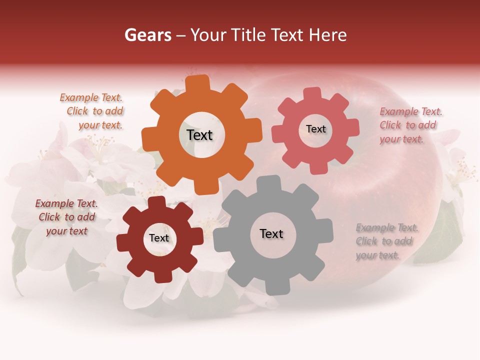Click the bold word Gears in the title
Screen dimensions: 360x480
(147, 35)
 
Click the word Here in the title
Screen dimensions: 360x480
(328, 35)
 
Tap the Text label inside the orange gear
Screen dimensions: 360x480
(199, 135)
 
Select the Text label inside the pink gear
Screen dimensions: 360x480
(315, 129)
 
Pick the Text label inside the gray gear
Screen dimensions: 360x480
(271, 233)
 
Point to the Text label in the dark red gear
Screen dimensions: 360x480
(159, 238)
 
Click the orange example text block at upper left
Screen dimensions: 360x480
(92, 111)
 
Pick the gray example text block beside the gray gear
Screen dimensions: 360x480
(386, 241)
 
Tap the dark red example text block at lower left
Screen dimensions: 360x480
(67, 217)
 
